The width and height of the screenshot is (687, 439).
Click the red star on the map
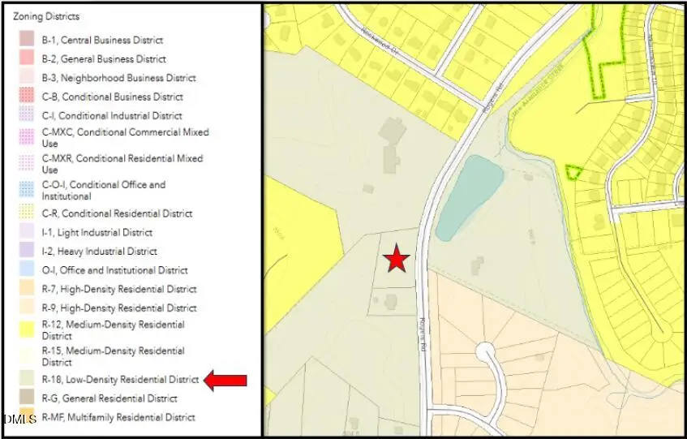pos(396,259)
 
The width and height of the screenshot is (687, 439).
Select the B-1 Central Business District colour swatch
pos(27,40)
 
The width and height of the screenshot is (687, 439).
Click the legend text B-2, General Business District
pos(104,59)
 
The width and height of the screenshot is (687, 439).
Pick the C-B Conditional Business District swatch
pos(27,97)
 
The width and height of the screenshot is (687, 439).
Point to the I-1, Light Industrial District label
pos(97,233)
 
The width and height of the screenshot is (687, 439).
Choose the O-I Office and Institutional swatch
pos(27,270)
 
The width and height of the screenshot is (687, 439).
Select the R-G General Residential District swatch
pos(27,398)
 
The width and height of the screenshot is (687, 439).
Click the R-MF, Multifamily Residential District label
pos(118,418)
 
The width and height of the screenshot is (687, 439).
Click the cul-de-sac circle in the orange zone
pos(486,352)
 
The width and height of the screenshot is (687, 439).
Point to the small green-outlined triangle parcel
pos(573,172)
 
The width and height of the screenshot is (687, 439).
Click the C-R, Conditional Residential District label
pos(117,214)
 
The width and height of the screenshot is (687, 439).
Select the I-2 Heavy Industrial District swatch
pos(27,252)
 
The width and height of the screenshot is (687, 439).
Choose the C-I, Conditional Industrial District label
pos(112,116)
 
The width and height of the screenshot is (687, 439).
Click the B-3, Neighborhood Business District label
pos(118,78)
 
